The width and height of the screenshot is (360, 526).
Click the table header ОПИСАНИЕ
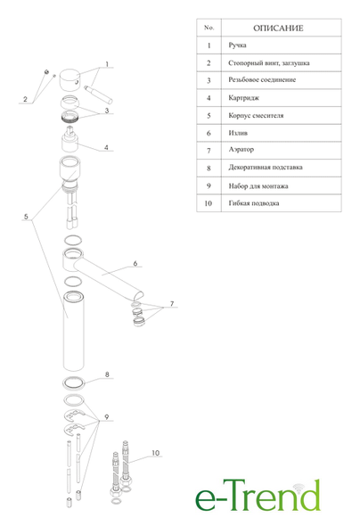pyautogui.click(x=278, y=29)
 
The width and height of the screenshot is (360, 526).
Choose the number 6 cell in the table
pyautogui.click(x=209, y=133)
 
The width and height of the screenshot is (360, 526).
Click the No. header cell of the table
pyautogui.click(x=209, y=28)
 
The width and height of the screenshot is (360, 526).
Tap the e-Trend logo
pyautogui.click(x=258, y=496)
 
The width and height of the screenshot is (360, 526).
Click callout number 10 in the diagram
pyautogui.click(x=156, y=453)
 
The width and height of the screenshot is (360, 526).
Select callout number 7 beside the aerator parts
pyautogui.click(x=172, y=304)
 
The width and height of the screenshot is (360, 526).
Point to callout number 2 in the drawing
pyautogui.click(x=25, y=99)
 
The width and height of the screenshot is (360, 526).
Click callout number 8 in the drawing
pyautogui.click(x=107, y=374)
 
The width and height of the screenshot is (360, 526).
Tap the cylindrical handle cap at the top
pyautogui.click(x=70, y=80)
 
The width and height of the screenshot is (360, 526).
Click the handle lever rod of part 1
pyautogui.click(x=98, y=95)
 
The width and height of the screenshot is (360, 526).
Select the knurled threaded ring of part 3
pyautogui.click(x=70, y=116)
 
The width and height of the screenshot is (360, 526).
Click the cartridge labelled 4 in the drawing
pyautogui.click(x=70, y=139)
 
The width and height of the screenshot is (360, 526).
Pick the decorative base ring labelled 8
pyautogui.click(x=73, y=383)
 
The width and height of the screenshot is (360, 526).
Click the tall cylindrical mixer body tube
pyautogui.click(x=74, y=331)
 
